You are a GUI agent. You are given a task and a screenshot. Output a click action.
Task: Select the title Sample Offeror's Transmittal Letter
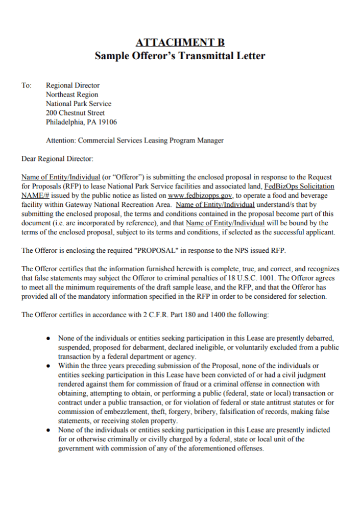point(180,56)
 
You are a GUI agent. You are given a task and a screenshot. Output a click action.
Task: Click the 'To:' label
point(27,85)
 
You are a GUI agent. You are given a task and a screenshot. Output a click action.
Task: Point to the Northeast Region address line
point(72,94)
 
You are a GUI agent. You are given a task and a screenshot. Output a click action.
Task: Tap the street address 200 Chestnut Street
point(75,113)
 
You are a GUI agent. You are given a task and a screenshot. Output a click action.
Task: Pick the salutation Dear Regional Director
point(57,159)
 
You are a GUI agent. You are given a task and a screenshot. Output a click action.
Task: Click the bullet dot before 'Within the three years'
point(47,366)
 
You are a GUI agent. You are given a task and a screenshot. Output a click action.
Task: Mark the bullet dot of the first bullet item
point(47,338)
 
